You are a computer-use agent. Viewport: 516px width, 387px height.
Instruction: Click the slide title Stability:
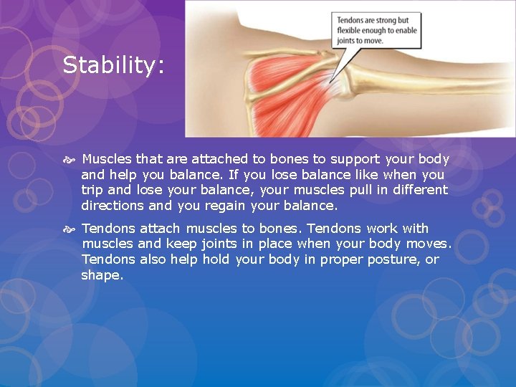[x=113, y=66]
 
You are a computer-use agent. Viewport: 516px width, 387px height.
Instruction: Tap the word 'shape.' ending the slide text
[x=102, y=275]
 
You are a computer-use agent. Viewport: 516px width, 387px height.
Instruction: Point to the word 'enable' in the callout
[x=403, y=31]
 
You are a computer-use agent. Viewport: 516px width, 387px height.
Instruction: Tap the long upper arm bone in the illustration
[x=430, y=79]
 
